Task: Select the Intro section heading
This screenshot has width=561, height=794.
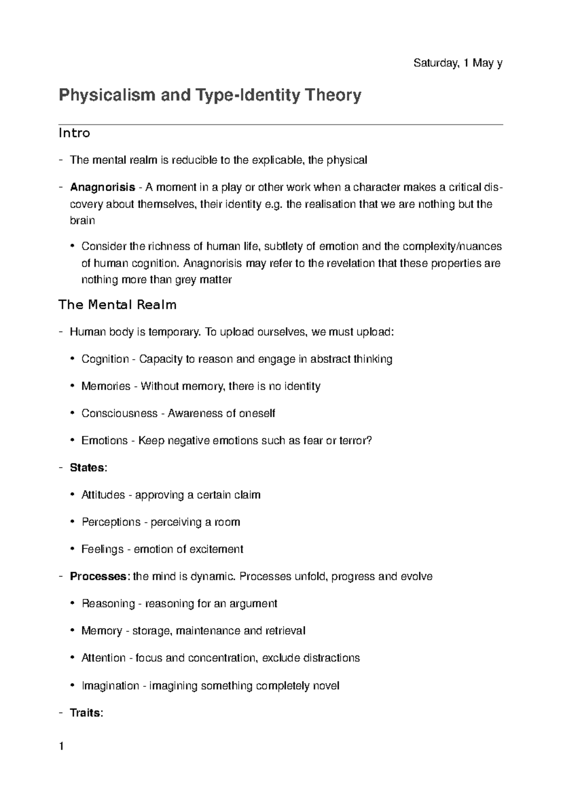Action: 74,133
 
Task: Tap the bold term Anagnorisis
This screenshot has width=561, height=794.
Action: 102,188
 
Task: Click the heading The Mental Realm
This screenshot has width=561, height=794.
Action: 117,305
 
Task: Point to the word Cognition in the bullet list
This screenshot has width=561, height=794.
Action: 105,359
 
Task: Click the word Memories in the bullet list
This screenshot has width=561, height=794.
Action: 106,386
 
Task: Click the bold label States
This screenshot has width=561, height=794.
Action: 87,468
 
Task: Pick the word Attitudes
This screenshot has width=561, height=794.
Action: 103,495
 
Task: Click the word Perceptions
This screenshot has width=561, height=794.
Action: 111,522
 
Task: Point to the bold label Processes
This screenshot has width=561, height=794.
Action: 98,576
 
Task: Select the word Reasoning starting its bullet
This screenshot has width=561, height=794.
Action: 108,604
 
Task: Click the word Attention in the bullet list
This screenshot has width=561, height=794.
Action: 103,658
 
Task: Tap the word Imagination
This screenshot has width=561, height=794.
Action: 110,686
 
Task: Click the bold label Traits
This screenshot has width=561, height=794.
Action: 85,713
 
